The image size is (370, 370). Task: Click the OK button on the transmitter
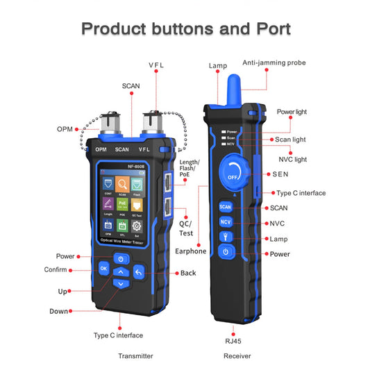coord(103,268)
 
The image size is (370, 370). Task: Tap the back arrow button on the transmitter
coord(138,271)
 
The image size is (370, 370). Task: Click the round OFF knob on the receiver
coord(233,173)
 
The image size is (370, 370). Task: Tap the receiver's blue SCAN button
coord(225,206)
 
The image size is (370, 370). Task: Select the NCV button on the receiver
coord(225,221)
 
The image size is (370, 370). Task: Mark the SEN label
coord(280,174)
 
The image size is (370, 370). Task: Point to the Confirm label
coord(56,269)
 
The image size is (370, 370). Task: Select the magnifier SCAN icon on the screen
coord(121,185)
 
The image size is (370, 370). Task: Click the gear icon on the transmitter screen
coord(136,227)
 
